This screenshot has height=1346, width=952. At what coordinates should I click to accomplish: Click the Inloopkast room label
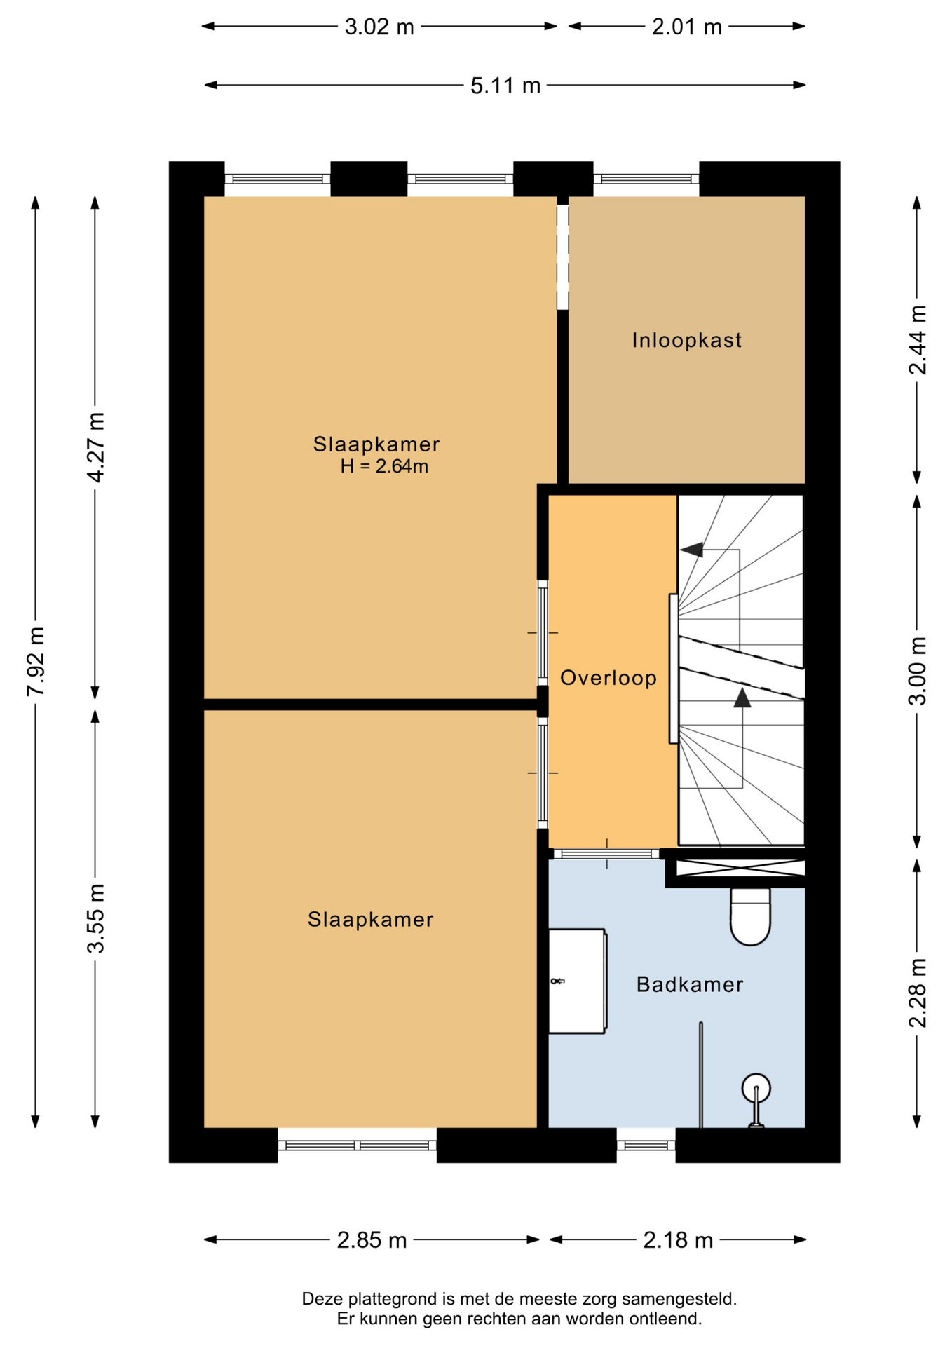tap(686, 341)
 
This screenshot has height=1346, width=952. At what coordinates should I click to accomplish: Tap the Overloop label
tap(608, 678)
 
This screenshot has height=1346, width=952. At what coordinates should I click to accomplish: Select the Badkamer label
tap(690, 984)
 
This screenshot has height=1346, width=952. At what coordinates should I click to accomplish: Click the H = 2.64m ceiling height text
tap(384, 466)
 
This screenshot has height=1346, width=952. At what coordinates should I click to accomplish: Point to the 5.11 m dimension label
tap(505, 86)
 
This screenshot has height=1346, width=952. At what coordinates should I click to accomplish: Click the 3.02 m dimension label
tap(379, 27)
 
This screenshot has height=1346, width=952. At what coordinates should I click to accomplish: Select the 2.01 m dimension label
tap(687, 27)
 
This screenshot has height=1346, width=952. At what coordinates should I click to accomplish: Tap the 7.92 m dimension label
tap(36, 662)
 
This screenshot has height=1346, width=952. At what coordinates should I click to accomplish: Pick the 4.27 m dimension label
tap(95, 447)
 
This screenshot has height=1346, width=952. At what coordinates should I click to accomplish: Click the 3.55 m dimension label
tap(95, 918)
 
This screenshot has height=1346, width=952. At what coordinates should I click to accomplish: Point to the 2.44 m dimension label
tap(918, 340)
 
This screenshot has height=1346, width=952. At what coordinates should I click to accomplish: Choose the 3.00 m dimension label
tap(918, 671)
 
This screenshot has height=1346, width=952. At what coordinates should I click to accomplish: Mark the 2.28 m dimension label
tap(918, 993)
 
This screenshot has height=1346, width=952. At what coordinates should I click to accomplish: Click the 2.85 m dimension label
tap(372, 1240)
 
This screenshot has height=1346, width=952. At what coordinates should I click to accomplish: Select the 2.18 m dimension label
tap(678, 1240)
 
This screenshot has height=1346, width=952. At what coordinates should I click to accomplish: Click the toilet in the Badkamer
tap(750, 916)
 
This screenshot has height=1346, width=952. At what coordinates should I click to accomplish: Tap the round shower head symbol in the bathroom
tap(756, 1088)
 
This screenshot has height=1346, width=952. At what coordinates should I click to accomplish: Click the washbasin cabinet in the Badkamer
tap(577, 981)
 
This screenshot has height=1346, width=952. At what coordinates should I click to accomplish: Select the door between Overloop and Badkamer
tap(606, 854)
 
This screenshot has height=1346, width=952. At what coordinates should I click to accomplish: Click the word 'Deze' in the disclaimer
tap(320, 1299)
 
